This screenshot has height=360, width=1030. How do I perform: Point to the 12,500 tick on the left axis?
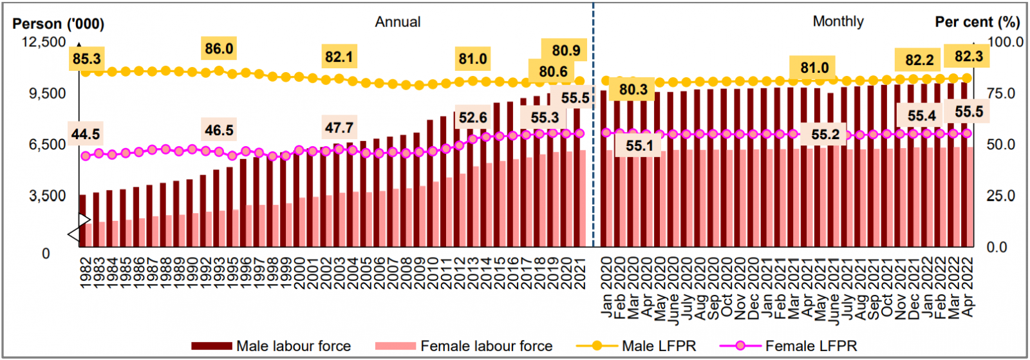point(44,42)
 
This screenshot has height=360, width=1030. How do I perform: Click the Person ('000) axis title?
point(58,24)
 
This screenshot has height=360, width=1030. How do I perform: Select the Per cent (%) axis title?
point(977,22)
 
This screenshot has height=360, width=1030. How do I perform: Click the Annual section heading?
point(398,22)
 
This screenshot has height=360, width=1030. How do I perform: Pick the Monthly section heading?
point(838,21)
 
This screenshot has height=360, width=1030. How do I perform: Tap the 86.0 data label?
point(219,49)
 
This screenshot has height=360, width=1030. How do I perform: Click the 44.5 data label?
point(86,134)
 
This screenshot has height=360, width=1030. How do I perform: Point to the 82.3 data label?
point(968,57)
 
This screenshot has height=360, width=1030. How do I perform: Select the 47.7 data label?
point(339,128)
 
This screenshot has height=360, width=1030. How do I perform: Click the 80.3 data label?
point(633,90)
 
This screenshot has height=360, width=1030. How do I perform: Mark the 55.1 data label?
point(639,146)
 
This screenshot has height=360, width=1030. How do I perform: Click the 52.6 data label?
point(473,118)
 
